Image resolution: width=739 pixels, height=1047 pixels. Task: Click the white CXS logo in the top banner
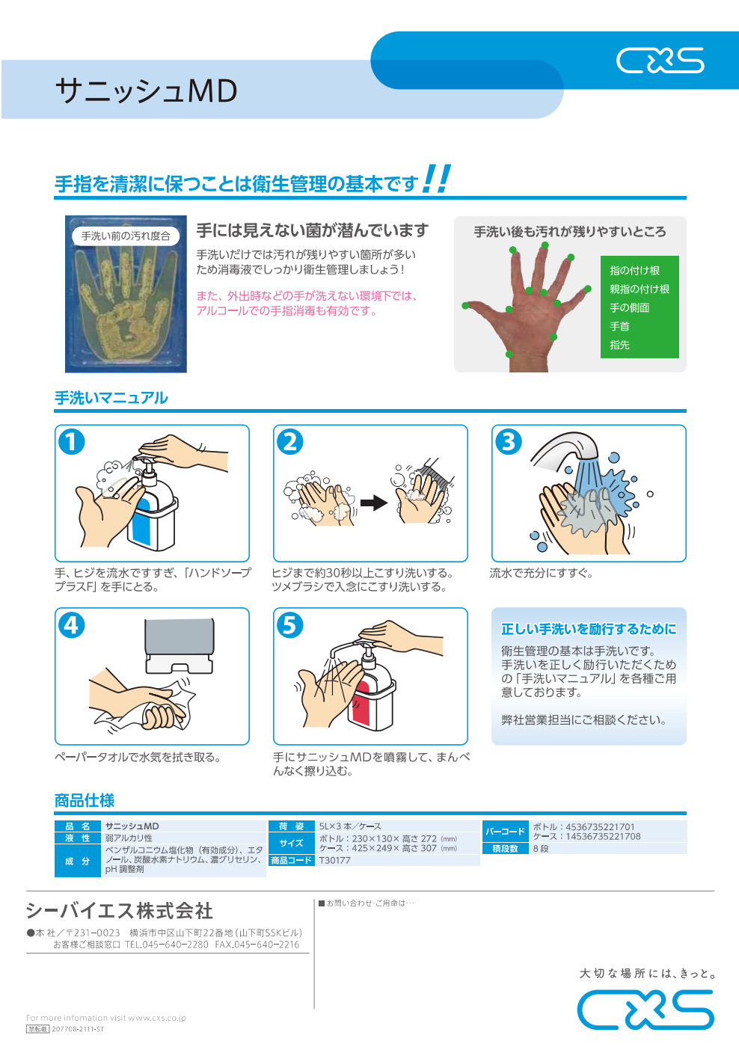coord(660,61)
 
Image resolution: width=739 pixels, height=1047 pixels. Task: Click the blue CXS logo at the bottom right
coord(646,1009)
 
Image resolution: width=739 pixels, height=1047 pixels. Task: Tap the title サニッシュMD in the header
coord(147,90)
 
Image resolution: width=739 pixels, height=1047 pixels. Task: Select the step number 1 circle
coord(72,442)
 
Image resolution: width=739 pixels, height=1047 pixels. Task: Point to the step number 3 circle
coord(509,442)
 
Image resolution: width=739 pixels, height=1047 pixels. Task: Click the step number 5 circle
coord(289,625)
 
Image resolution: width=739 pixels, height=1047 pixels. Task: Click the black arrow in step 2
coord(374,503)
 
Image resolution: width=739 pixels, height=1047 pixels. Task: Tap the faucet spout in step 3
coord(566,452)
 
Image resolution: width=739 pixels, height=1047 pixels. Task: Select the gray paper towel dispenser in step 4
coord(180,645)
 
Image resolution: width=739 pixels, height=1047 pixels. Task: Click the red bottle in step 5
coord(372,692)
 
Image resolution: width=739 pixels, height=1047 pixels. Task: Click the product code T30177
coord(334,860)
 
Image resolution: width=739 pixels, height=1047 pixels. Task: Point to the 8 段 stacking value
coord(541,848)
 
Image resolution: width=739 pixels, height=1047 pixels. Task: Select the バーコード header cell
coord(505,832)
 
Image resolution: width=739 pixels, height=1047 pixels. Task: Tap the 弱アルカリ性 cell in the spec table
coord(129,838)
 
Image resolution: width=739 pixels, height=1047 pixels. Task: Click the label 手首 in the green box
coord(619,326)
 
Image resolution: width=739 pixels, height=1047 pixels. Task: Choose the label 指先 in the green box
coord(619,345)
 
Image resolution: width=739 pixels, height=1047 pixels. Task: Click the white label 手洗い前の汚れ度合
coord(126,236)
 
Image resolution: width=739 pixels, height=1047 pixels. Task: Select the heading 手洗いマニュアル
coord(111,398)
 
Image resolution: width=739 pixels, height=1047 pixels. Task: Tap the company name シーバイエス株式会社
coord(120,911)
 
